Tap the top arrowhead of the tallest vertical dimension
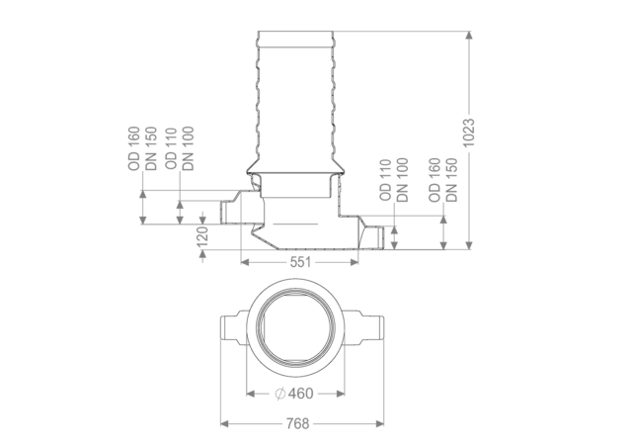(x=468, y=36)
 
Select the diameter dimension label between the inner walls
(x=295, y=393)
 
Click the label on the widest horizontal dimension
(x=298, y=423)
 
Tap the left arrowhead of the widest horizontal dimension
(x=223, y=423)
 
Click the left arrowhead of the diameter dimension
(x=250, y=393)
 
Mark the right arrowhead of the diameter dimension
(x=341, y=393)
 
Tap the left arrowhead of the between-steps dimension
(x=247, y=262)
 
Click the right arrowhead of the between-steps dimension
(x=352, y=262)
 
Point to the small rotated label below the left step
(x=202, y=236)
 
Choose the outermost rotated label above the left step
(x=142, y=148)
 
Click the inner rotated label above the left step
(x=180, y=148)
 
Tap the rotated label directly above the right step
(x=394, y=178)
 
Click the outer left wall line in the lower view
(x=219, y=381)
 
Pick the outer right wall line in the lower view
(x=383, y=381)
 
